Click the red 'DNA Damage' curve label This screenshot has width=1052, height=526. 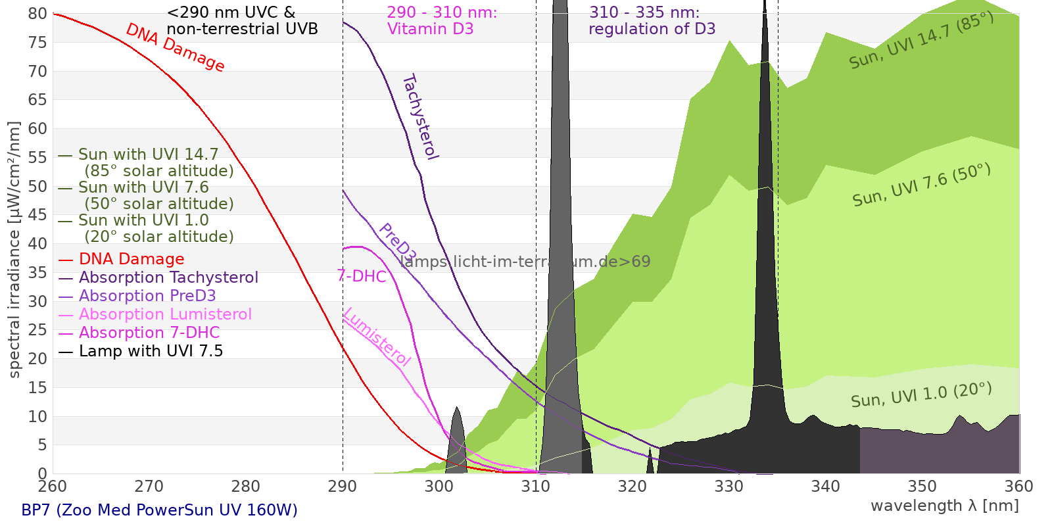(x=175, y=47)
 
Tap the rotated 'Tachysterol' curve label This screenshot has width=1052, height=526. (x=420, y=117)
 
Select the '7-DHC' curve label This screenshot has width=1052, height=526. (x=362, y=276)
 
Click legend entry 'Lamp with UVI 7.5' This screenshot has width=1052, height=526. (x=151, y=351)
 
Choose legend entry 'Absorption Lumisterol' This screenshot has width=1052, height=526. (x=165, y=314)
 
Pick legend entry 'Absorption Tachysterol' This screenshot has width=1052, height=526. (x=168, y=277)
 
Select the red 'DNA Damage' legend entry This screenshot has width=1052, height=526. (x=131, y=259)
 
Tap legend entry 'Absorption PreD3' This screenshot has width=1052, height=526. (x=147, y=296)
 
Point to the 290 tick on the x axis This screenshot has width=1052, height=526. (x=343, y=487)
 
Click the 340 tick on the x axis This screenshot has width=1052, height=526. (x=826, y=487)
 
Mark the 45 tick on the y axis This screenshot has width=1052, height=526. (x=37, y=215)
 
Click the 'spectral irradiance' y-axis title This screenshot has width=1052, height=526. (x=14, y=250)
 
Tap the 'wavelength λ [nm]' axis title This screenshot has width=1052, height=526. (x=945, y=506)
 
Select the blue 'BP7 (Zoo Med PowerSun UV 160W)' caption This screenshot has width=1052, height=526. (x=159, y=510)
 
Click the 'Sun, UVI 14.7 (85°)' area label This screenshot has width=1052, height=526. (x=921, y=41)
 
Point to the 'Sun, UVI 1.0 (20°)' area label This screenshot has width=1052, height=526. (x=921, y=396)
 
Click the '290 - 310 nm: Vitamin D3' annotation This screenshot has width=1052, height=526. (x=442, y=21)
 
